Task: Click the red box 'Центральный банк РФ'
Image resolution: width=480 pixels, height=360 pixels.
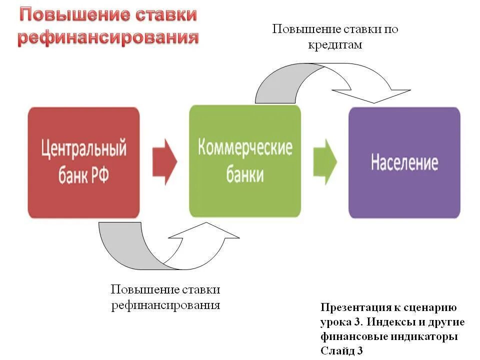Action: click(x=83, y=162)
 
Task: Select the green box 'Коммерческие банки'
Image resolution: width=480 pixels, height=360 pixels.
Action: click(x=245, y=161)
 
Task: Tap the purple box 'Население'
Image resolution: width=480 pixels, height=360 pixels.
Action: click(x=404, y=162)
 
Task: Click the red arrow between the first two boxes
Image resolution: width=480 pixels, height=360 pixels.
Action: click(x=164, y=161)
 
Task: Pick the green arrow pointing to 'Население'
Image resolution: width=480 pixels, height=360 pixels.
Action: click(x=325, y=161)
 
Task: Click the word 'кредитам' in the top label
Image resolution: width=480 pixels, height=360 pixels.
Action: click(x=335, y=44)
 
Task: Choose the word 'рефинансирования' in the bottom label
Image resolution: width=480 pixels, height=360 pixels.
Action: click(x=165, y=305)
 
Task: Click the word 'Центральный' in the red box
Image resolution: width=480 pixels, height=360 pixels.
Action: click(x=83, y=149)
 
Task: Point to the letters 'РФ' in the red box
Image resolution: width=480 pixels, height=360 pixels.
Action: click(x=99, y=176)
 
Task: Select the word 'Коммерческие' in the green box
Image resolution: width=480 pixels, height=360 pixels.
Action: click(x=245, y=148)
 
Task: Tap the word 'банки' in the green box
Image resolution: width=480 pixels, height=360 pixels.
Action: click(x=244, y=175)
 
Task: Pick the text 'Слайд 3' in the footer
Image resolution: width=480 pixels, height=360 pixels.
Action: click(x=341, y=351)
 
